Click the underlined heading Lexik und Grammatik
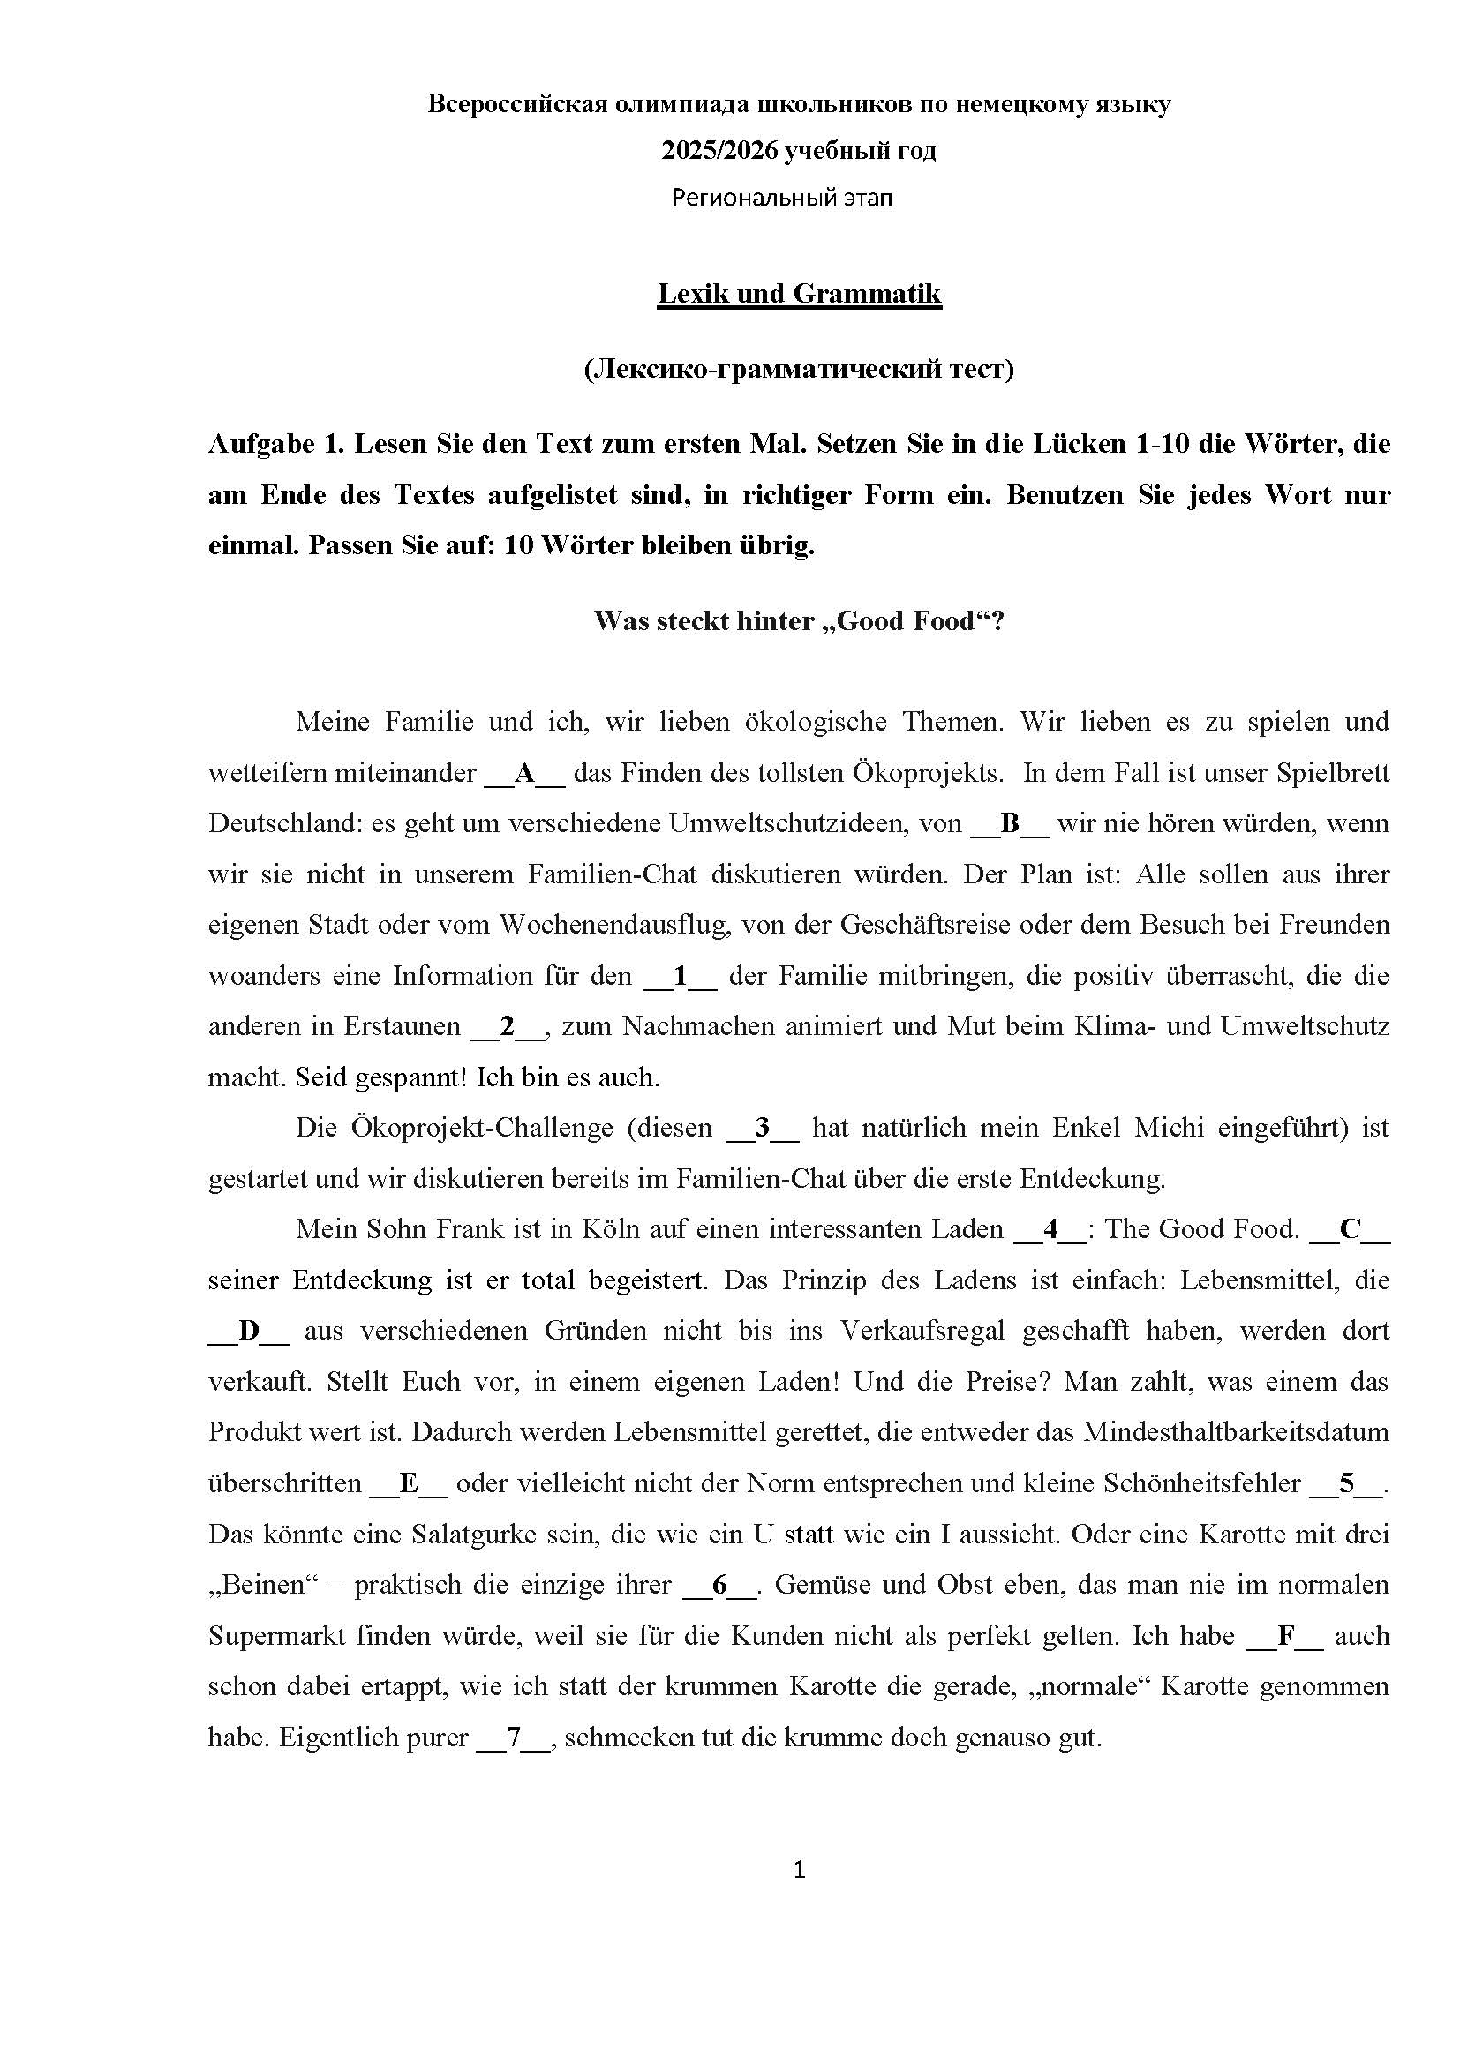[x=799, y=294]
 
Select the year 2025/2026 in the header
[x=719, y=150]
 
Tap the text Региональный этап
[x=782, y=198]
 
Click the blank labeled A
[x=524, y=773]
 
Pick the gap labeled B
[x=1010, y=823]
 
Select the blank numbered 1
[x=681, y=976]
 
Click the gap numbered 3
[x=763, y=1129]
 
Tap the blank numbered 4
[x=1050, y=1230]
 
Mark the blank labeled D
[x=248, y=1332]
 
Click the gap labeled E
[x=409, y=1483]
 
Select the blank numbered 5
[x=1346, y=1483]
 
